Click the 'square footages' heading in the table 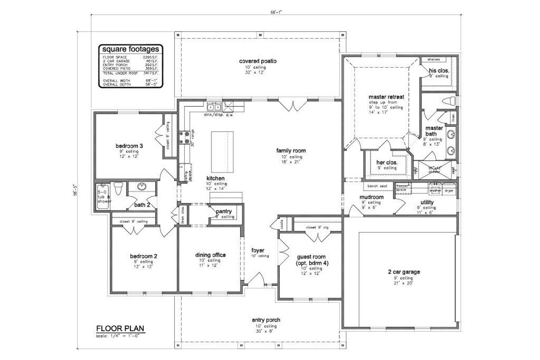click(129, 49)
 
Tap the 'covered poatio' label click(258, 61)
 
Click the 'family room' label click(291, 150)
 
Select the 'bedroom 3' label click(129, 146)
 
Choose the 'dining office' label click(210, 255)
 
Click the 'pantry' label click(224, 211)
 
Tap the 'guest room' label click(311, 257)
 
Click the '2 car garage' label click(404, 272)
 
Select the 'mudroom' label click(371, 197)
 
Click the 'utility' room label click(427, 202)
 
